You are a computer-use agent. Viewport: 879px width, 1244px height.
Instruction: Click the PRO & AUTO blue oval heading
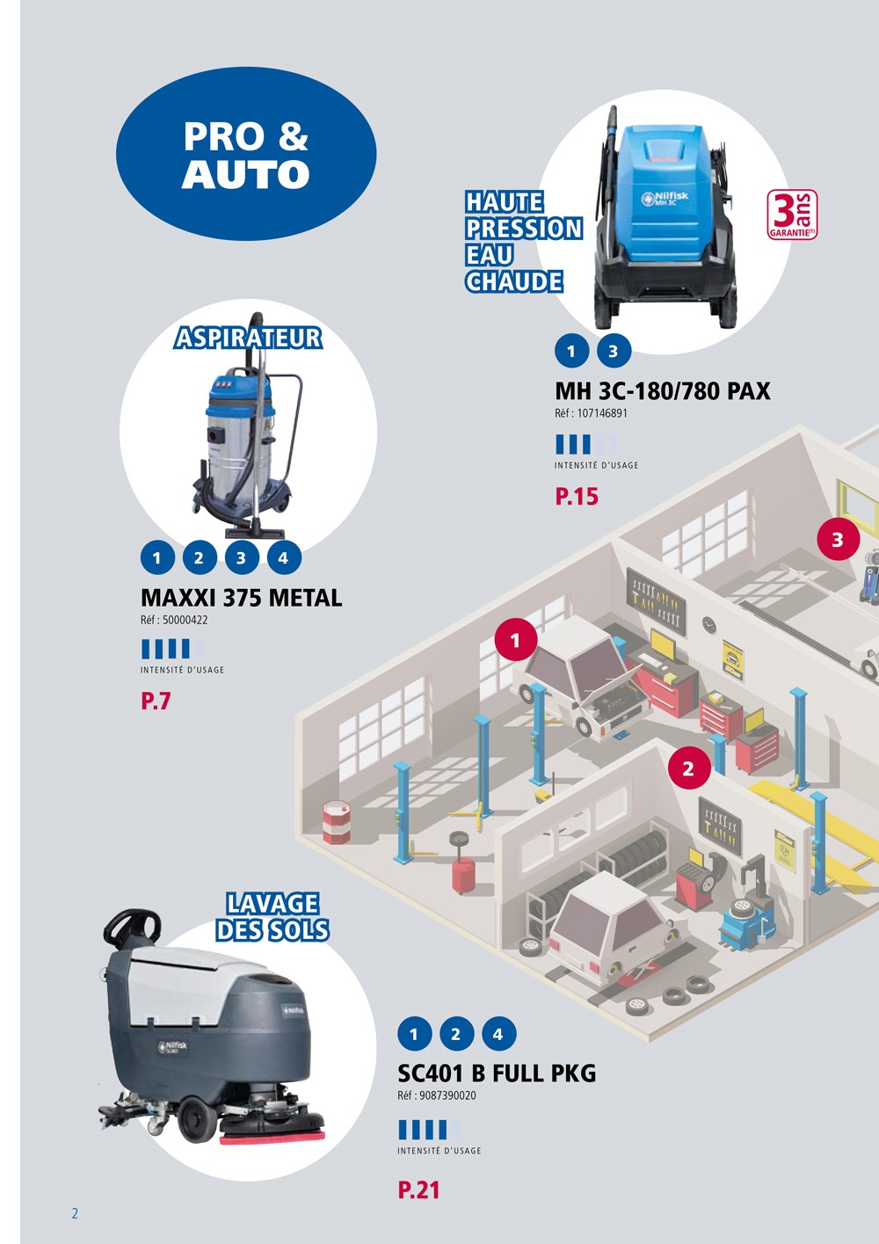point(246,155)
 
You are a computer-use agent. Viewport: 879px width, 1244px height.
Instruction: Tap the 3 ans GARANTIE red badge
point(793,215)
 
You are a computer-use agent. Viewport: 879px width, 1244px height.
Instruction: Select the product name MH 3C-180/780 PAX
point(662,391)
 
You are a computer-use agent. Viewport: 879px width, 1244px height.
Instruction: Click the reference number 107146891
point(602,413)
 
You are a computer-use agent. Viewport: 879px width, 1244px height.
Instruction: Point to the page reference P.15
point(577,497)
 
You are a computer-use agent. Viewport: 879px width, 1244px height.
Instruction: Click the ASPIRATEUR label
point(248,338)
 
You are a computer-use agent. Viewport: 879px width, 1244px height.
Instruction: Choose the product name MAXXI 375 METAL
point(241,598)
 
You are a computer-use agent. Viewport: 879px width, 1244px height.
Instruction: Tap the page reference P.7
point(156,702)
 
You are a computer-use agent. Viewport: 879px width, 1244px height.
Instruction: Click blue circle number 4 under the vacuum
point(283,557)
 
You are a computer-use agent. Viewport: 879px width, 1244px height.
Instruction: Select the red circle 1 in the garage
point(515,640)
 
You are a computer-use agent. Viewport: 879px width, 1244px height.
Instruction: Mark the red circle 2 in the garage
point(687,768)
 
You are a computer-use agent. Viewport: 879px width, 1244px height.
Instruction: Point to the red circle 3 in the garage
point(837,540)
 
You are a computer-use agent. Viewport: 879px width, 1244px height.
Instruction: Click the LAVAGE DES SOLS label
point(272,917)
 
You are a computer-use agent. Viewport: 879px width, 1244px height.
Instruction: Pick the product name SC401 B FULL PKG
point(497,1073)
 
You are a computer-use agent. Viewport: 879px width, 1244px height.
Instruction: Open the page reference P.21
point(418,1190)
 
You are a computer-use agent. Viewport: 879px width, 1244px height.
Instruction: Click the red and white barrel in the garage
point(336,821)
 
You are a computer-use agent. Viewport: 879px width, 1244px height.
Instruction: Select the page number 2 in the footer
point(75,1213)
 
